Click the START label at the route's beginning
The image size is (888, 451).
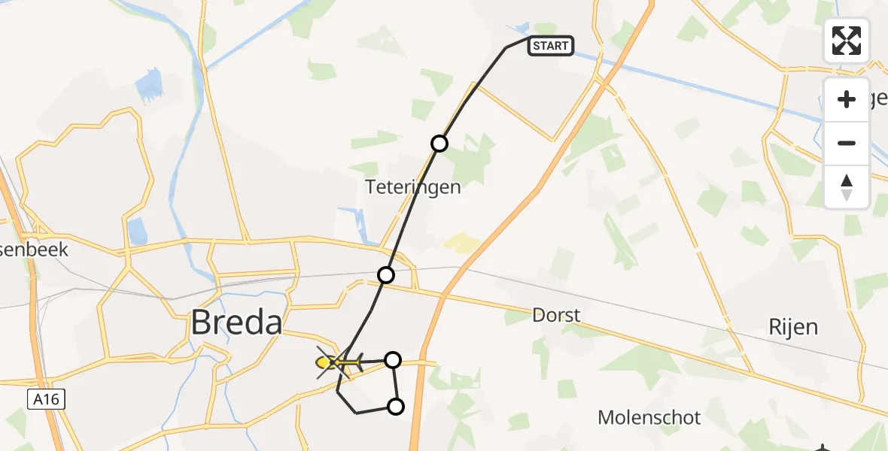pos(552,46)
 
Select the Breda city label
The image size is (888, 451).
pos(236,322)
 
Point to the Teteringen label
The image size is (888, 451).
pos(412,186)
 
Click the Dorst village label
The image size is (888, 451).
pos(556,314)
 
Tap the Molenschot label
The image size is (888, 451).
pos(649,417)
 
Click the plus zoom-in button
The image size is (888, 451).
pos(847,99)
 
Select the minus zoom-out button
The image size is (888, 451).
pos(847,143)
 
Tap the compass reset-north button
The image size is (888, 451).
pos(847,186)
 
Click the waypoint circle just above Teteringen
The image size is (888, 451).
pos(439,144)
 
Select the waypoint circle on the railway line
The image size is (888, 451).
pos(385,275)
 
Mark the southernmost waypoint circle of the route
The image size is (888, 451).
pos(395,407)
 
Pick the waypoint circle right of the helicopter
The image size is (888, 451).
pos(392,360)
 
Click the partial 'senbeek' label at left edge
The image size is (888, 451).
pos(34,249)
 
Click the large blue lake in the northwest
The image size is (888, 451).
pos(150,84)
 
